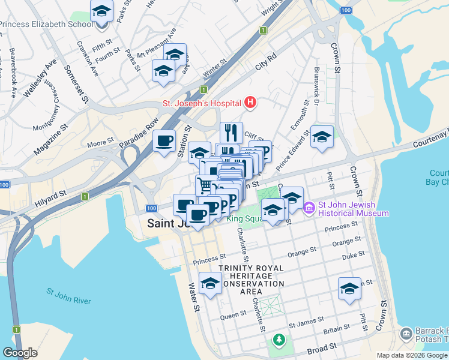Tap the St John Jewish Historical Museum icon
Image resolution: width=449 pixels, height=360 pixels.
pyautogui.click(x=310, y=208)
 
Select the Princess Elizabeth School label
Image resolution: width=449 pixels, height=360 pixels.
pyautogui.click(x=47, y=25)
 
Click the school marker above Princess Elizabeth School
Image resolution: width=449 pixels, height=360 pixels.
pyautogui.click(x=102, y=11)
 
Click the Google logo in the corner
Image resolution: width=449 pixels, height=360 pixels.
pyautogui.click(x=20, y=353)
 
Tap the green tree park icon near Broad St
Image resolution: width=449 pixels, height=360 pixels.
pyautogui.click(x=279, y=340)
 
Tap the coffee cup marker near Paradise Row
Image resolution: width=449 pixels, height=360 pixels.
pyautogui.click(x=164, y=142)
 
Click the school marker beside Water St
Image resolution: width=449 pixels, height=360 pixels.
pyautogui.click(x=210, y=284)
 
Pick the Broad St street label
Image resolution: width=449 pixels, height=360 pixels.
pyautogui.click(x=322, y=349)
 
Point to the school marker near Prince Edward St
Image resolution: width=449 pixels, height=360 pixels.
pyautogui.click(x=322, y=137)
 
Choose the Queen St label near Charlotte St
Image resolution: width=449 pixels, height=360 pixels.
pyautogui.click(x=234, y=314)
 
